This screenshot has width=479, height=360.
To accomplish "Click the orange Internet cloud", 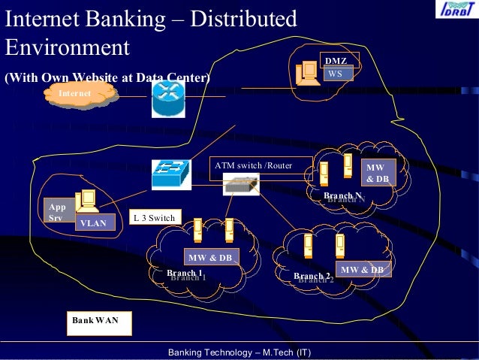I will point(79,92).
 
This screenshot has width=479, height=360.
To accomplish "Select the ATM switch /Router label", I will point(253,165).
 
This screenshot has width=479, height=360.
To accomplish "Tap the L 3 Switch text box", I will point(154,219).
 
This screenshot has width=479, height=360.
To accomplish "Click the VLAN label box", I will point(95,222).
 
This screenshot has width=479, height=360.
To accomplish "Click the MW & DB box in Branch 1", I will point(210,258).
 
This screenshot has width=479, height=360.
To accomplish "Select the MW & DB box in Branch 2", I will point(363,269).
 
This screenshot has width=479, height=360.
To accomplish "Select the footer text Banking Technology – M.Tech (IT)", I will point(239,352).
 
